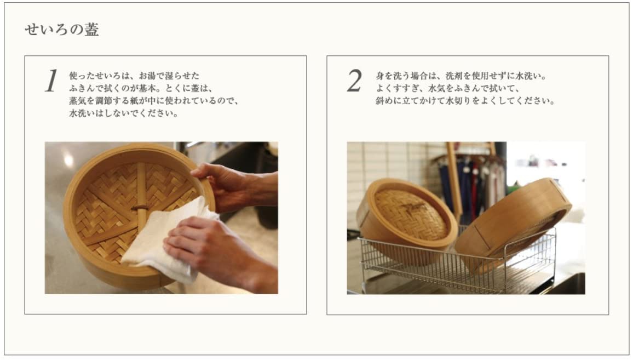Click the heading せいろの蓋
pyautogui.click(x=62, y=30)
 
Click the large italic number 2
pyautogui.click(x=354, y=81)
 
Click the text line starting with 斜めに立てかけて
pyautogui.click(x=465, y=101)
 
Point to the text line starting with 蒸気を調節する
pyautogui.click(x=154, y=101)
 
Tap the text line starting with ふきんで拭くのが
pyautogui.click(x=140, y=88)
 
